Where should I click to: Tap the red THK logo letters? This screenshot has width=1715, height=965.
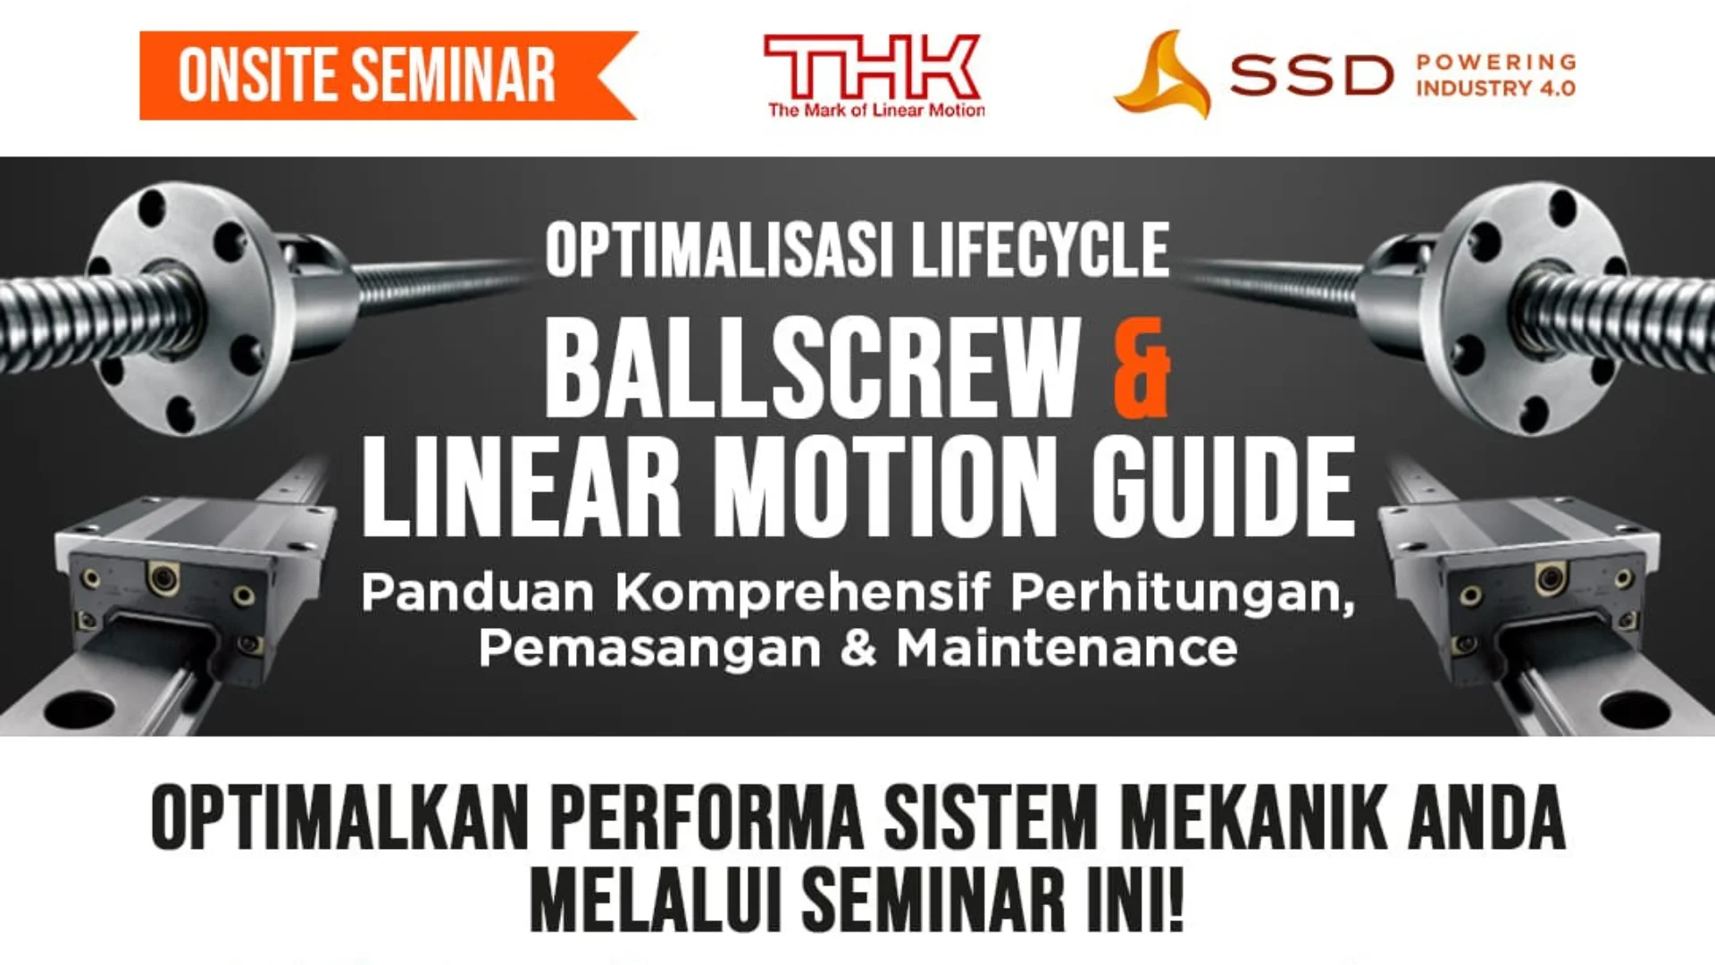tap(872, 66)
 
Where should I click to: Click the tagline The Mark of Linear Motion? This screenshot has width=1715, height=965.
tap(876, 111)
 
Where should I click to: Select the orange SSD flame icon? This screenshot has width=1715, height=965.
tap(1162, 76)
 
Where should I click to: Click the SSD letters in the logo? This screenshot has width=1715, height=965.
tap(1310, 76)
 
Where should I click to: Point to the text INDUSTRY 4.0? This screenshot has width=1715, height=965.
tap(1495, 88)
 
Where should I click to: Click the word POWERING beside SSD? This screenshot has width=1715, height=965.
tap(1496, 62)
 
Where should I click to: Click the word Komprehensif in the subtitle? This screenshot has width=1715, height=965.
tap(804, 592)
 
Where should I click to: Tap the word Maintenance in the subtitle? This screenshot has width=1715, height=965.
tap(1067, 649)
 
